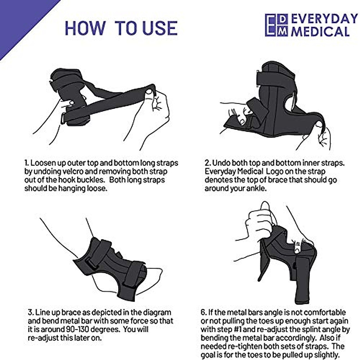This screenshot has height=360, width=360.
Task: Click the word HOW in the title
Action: [x=85, y=28]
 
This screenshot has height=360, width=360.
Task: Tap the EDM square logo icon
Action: [x=276, y=25]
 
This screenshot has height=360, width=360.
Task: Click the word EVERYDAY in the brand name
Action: [x=324, y=19]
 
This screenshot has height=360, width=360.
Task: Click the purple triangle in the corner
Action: [x=18, y=18]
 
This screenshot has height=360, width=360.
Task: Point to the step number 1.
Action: [x=26, y=163]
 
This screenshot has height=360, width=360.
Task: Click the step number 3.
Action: [x=30, y=313]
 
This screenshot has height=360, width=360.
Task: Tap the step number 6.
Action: [x=203, y=313]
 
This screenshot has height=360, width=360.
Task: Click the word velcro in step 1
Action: [x=85, y=172]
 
